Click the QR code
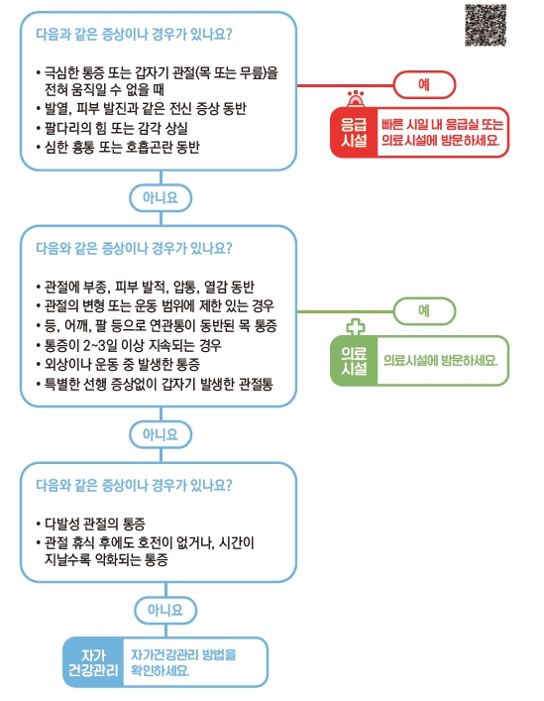(486, 25)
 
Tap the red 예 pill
(424, 84)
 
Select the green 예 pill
(424, 310)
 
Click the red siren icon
(356, 98)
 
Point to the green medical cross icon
(356, 327)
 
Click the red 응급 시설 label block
(354, 132)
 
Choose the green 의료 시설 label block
(354, 360)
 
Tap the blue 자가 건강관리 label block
(93, 662)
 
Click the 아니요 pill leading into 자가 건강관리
(165, 610)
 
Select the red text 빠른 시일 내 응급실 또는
(442, 124)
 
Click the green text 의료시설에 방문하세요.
(440, 360)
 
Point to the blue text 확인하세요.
(160, 670)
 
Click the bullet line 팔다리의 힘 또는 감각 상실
(112, 128)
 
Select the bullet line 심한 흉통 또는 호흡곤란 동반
(118, 147)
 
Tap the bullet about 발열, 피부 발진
(141, 109)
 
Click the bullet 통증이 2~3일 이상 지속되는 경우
(129, 345)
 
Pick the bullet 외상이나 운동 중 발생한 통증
(118, 364)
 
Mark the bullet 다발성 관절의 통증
(91, 524)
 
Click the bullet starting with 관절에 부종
(145, 287)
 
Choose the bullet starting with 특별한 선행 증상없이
(155, 384)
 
